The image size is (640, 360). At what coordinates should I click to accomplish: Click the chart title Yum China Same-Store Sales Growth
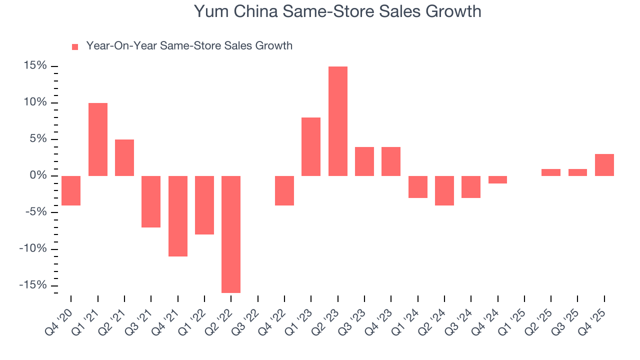pos(337,11)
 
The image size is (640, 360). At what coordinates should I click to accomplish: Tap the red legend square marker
pos(75,46)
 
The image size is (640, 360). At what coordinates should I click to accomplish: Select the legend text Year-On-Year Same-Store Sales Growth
pos(189,46)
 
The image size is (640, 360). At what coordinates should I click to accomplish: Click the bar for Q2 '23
pos(337,121)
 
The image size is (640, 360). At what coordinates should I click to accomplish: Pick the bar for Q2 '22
pos(231,234)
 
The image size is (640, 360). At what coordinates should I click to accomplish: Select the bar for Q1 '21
pos(98,139)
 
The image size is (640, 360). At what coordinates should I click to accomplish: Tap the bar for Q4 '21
pos(177,216)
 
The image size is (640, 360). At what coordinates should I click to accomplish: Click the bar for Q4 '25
pos(604,165)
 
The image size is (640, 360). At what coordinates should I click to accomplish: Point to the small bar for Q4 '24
pos(497,179)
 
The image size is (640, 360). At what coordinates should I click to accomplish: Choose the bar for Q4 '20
pos(71,190)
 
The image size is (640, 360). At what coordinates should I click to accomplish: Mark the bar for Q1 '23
pos(311,146)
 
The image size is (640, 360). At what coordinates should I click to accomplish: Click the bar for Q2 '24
pos(444,190)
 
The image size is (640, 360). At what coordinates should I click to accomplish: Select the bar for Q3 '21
pos(151,201)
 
